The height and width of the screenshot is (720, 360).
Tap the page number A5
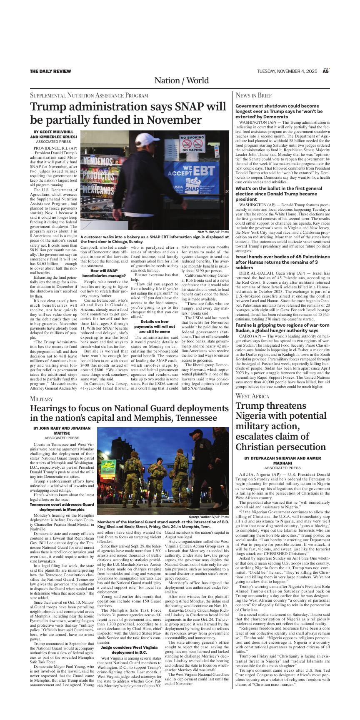(x=326, y=71)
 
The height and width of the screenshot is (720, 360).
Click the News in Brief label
(x=254, y=95)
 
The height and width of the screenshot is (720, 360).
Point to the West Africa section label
(x=252, y=396)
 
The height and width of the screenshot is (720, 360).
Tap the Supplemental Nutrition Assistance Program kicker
(x=89, y=95)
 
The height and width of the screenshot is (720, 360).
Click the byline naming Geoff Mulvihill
(x=53, y=132)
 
